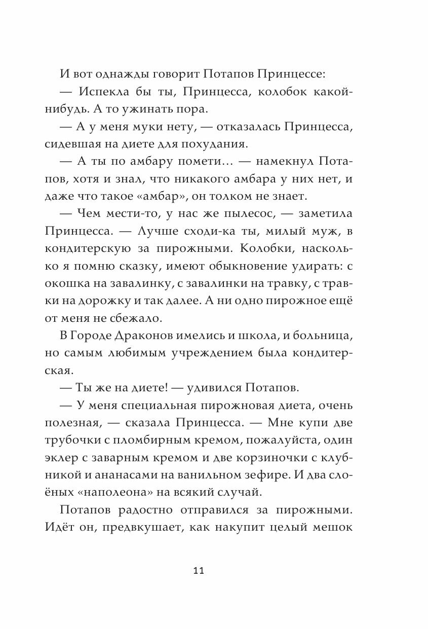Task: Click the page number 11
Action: (198, 571)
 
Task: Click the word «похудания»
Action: (214, 145)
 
